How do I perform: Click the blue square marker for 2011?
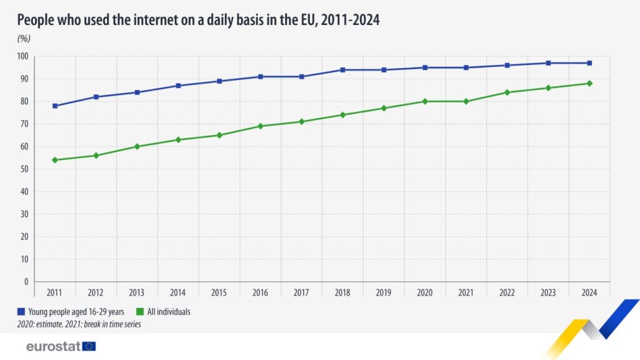[x=55, y=106]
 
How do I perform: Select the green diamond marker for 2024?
[x=589, y=83]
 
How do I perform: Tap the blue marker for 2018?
[x=342, y=69]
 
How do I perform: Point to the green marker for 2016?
[x=261, y=126]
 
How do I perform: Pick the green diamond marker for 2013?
[x=137, y=146]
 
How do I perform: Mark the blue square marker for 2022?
[x=507, y=65]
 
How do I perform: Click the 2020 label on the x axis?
[x=424, y=292]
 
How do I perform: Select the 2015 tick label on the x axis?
[x=219, y=292]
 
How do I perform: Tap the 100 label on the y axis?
[x=22, y=56]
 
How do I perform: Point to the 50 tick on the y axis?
[x=24, y=169]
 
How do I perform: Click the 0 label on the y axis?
[x=26, y=282]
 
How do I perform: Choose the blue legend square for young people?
[x=21, y=311]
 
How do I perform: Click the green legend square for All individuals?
[x=141, y=311]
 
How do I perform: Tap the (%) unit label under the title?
[x=24, y=39]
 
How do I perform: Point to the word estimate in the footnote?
[x=54, y=325]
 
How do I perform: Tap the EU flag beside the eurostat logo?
[x=89, y=346]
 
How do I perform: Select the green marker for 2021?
[x=466, y=101]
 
